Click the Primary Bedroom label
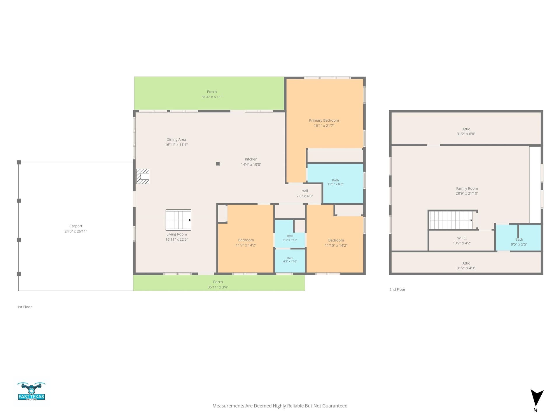click(324, 120)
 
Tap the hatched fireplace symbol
click(143, 176)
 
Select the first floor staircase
click(178, 220)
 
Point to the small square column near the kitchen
click(218, 164)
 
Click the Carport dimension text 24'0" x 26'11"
click(76, 231)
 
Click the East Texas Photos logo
click(32, 391)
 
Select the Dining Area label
click(176, 139)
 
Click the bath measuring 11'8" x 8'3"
click(335, 183)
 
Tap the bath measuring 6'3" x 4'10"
click(290, 261)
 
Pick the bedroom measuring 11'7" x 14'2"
click(246, 239)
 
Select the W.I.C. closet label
click(462, 238)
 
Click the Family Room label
click(467, 188)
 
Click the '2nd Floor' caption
click(397, 290)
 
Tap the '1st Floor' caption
click(24, 307)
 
